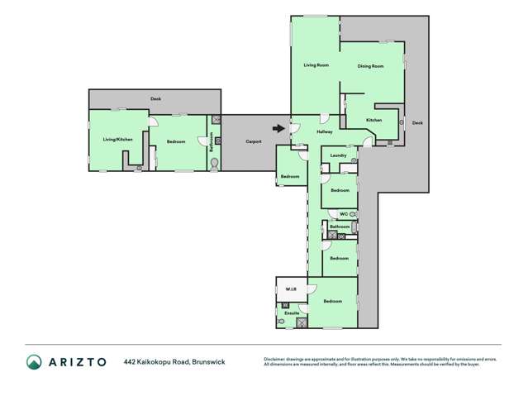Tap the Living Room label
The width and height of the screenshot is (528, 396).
(x=316, y=65)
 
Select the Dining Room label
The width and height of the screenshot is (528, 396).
(x=370, y=66)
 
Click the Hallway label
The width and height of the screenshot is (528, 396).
(x=325, y=131)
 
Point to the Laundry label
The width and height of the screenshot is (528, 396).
(x=338, y=155)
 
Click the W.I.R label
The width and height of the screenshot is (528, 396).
(x=291, y=289)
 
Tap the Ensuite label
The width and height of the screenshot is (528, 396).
(x=292, y=313)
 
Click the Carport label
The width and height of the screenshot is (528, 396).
(x=254, y=141)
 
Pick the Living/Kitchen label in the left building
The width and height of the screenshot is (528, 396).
(x=117, y=140)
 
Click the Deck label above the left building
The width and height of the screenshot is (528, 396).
(x=155, y=98)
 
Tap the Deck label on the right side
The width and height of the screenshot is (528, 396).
(x=417, y=122)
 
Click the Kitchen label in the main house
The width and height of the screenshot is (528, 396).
(x=374, y=121)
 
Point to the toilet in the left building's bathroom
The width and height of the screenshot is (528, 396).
(x=215, y=165)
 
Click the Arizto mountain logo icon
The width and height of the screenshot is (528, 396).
(x=34, y=361)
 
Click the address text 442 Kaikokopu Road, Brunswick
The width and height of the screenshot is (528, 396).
(x=174, y=361)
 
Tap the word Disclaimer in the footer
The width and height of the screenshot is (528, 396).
(x=277, y=359)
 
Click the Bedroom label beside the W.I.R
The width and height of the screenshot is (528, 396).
(x=333, y=301)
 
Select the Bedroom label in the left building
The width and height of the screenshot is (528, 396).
(x=176, y=141)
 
